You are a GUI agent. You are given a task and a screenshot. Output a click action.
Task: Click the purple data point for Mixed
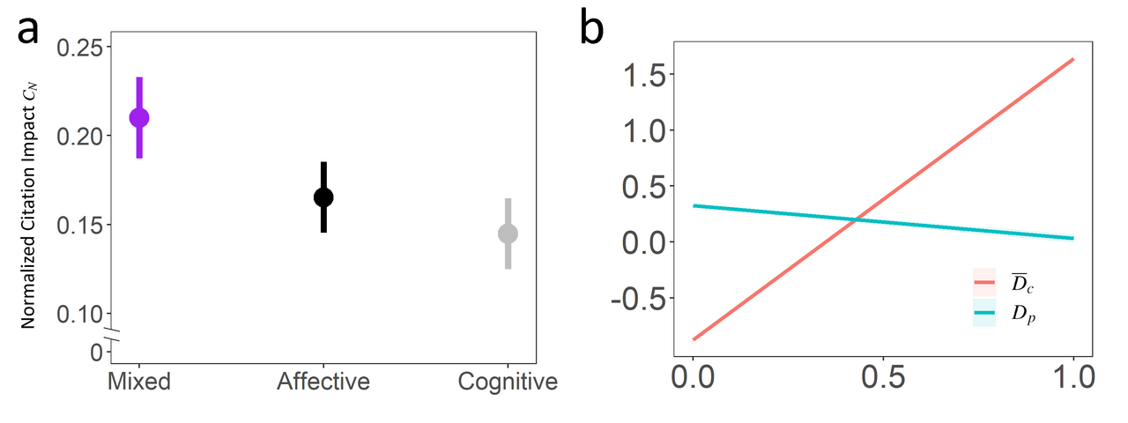click(138, 117)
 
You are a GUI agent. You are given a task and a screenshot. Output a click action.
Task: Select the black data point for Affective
click(323, 197)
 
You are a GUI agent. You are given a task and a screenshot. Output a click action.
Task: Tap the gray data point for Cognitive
click(508, 234)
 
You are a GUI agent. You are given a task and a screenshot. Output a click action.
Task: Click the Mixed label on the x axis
click(138, 382)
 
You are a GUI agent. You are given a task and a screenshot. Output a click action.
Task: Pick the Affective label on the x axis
click(323, 382)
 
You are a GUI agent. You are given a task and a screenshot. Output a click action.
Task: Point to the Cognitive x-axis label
click(508, 382)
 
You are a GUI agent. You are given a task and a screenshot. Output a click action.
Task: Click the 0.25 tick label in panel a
click(78, 48)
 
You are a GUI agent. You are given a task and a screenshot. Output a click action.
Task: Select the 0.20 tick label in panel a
click(78, 136)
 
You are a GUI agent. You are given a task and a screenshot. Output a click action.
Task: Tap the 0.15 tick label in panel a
click(78, 225)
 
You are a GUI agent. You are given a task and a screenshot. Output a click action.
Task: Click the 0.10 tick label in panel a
click(78, 313)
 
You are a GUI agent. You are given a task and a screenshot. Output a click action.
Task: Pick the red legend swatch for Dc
click(984, 281)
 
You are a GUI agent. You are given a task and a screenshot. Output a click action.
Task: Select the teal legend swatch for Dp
click(984, 313)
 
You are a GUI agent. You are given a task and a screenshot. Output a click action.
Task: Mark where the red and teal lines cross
click(854, 219)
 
